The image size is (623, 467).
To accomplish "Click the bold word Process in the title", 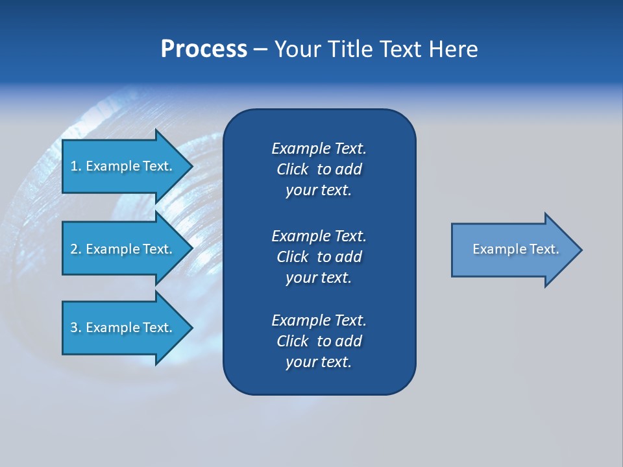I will (x=204, y=49).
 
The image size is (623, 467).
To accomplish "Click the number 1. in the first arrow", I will (x=75, y=166).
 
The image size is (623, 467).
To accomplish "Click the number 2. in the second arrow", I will (x=75, y=249).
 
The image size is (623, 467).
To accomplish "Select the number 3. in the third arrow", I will (x=75, y=328).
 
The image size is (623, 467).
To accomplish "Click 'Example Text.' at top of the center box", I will (x=319, y=149).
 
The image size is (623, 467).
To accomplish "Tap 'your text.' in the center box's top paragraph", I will (x=319, y=191).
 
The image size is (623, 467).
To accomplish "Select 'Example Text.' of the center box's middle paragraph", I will (x=319, y=235).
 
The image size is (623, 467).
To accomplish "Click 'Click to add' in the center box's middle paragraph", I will (x=319, y=257).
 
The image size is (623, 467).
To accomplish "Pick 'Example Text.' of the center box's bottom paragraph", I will (x=319, y=320).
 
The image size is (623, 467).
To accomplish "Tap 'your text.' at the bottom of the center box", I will (x=319, y=363).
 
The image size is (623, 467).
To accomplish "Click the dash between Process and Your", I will (x=260, y=50).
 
